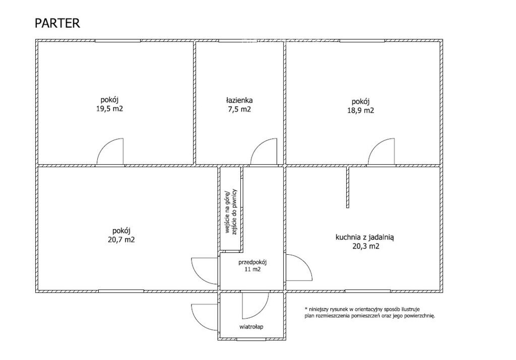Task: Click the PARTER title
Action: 57,23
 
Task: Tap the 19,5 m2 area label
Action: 109,109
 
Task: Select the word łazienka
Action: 239,100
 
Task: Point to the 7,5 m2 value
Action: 239,109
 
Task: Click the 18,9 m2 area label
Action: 361,110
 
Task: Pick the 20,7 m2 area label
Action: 121,240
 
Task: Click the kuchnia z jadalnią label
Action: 365,237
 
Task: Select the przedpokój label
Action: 252,262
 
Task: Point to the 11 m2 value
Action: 252,269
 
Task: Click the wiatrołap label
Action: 251,327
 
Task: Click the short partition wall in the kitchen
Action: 348,187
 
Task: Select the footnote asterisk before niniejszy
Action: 306,309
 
